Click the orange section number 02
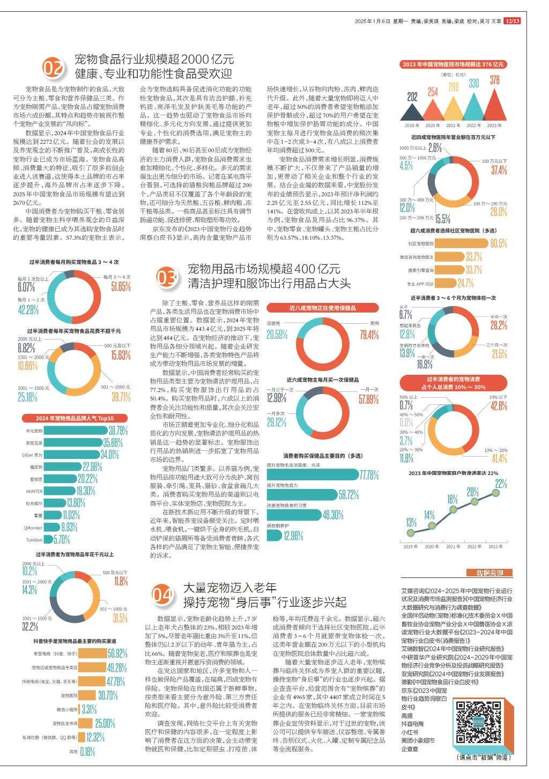[54, 69]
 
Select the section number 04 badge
[162, 595]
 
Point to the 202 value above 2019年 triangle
[412, 98]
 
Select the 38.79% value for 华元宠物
[118, 431]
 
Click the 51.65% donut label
[121, 287]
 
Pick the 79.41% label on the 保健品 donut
[369, 336]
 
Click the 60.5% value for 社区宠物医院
[498, 243]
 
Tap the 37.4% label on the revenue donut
[498, 170]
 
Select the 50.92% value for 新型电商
[117, 654]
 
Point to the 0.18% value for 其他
[87, 751]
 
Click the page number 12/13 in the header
[513, 21]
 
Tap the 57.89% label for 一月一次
[369, 399]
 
